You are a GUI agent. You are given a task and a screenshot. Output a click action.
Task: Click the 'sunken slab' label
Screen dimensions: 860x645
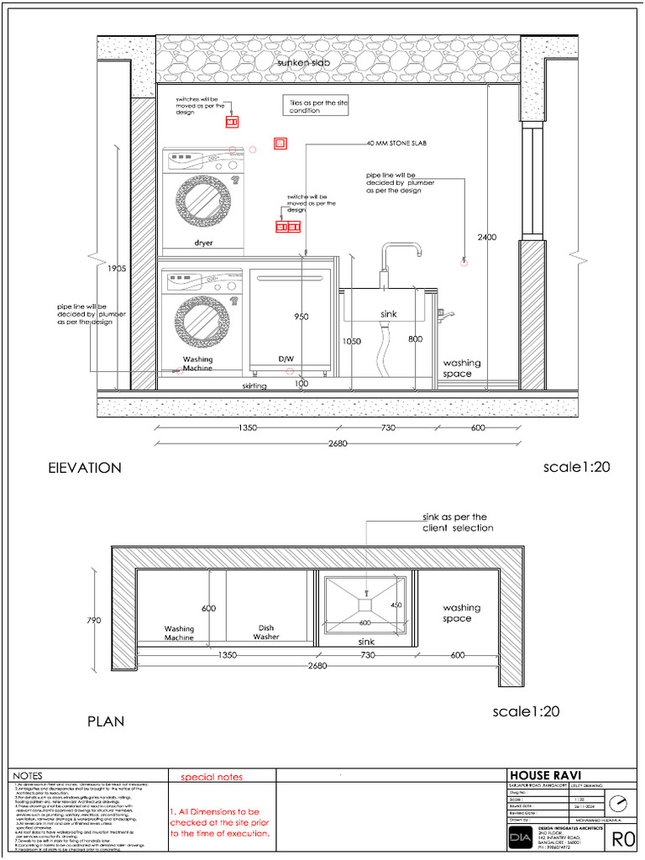307,64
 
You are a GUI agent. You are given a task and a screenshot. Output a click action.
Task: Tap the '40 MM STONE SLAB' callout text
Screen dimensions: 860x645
396,144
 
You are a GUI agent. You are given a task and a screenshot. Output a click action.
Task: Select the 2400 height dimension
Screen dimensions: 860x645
487,238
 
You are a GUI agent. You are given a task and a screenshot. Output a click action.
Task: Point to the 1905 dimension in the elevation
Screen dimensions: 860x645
117,269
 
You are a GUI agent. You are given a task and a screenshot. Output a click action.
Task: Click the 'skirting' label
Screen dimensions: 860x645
254,385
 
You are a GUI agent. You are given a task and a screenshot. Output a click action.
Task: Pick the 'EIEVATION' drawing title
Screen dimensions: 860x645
85,468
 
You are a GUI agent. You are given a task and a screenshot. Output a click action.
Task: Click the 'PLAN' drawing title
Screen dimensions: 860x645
106,721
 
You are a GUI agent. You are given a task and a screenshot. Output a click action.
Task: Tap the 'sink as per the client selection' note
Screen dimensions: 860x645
458,522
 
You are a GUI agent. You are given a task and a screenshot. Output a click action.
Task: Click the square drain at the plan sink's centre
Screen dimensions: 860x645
365,604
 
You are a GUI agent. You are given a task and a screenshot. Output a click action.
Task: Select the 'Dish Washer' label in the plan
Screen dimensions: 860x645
266,632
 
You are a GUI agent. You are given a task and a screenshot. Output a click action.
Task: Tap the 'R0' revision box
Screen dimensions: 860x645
622,838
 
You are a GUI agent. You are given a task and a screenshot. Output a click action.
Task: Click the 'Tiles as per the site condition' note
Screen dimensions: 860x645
318,106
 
